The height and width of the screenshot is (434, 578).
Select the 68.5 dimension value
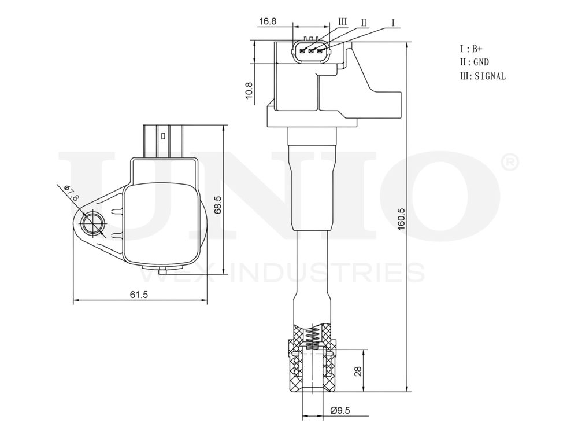pos(218,204)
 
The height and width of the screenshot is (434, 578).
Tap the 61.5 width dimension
pos(139,295)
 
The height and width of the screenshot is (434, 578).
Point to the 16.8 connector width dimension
pos(268,21)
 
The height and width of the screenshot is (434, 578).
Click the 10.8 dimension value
pos(249,91)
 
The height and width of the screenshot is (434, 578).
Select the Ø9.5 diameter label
pos(341,411)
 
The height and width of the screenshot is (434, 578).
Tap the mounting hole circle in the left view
pos(92,223)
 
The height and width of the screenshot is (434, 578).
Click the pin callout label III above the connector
pos(342,21)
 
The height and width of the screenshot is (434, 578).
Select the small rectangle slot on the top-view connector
pos(164,137)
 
